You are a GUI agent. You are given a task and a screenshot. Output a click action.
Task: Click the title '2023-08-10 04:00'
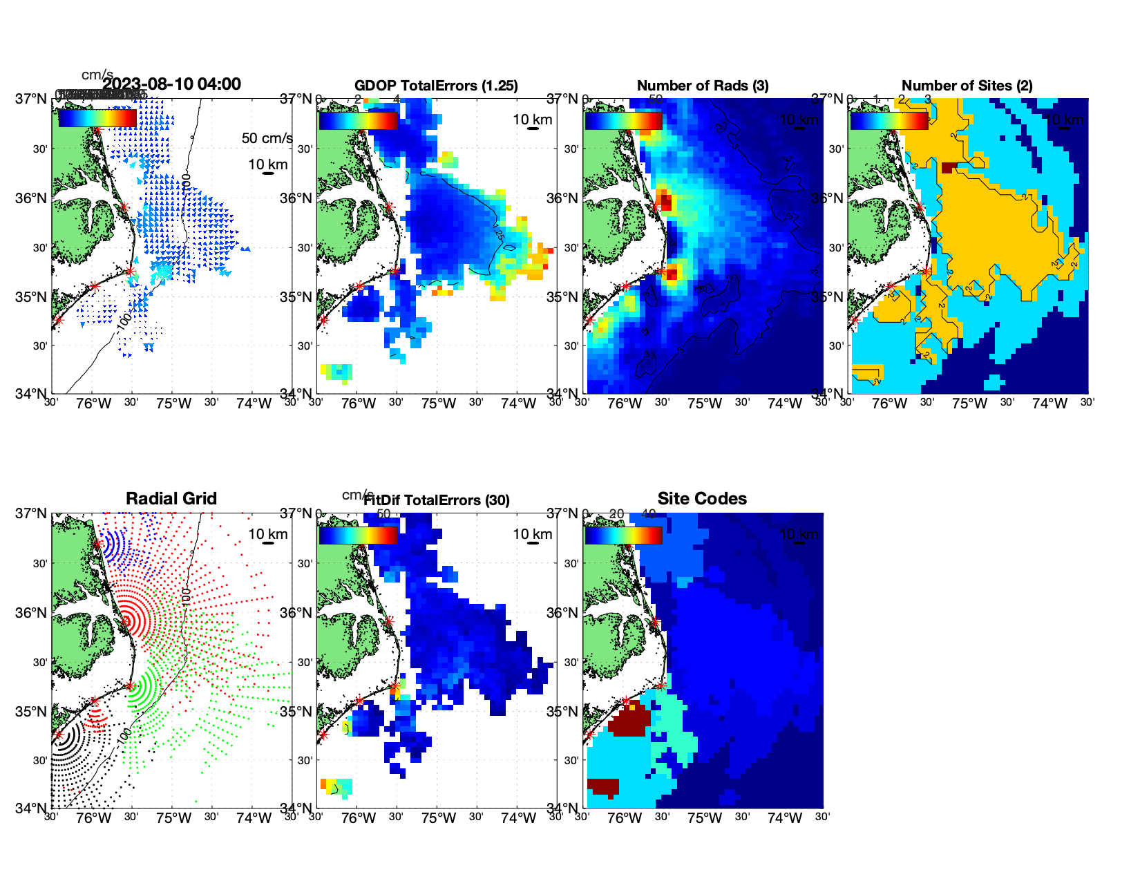[172, 84]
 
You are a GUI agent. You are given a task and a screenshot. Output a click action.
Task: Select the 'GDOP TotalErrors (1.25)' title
[436, 86]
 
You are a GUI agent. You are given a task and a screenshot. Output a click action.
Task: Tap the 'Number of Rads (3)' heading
[703, 86]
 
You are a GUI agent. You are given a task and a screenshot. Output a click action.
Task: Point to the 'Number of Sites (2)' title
[967, 86]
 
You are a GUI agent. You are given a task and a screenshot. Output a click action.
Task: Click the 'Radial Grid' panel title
[171, 499]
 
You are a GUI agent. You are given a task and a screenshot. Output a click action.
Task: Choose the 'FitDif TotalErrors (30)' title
[437, 500]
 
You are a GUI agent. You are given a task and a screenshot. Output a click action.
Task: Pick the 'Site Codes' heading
[702, 499]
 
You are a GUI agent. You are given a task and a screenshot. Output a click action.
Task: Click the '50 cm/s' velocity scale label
[267, 138]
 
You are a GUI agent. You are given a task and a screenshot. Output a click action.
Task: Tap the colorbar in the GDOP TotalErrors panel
[358, 120]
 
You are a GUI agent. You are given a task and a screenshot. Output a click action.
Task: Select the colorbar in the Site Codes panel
[623, 535]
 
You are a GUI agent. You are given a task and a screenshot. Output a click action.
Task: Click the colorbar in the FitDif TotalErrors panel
[358, 535]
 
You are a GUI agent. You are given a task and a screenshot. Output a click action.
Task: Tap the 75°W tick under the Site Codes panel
[705, 819]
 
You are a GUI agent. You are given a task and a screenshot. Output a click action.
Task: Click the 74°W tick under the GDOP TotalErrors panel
[519, 404]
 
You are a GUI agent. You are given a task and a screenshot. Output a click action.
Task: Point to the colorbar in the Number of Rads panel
[623, 120]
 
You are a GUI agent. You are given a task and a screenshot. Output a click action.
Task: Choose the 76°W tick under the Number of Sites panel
[890, 404]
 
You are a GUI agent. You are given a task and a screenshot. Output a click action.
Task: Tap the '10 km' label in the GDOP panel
[533, 120]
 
